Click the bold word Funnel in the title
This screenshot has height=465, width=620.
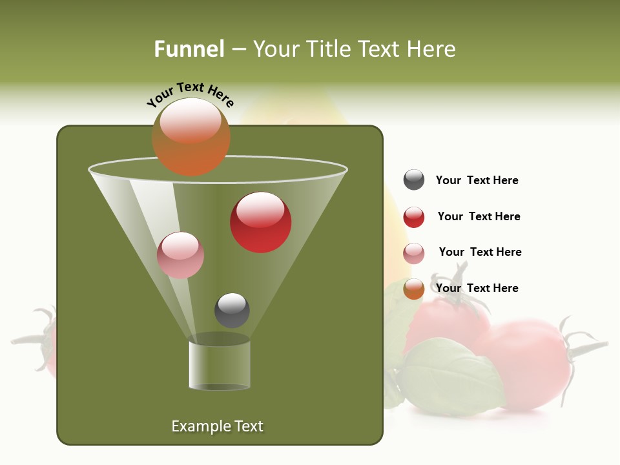(x=189, y=49)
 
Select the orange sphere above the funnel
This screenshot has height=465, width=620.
(x=191, y=137)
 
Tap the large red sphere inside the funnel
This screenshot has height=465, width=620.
(x=260, y=222)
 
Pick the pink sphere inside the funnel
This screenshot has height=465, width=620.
(x=180, y=255)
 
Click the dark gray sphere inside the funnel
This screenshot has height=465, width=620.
(x=232, y=310)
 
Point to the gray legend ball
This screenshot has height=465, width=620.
(x=414, y=180)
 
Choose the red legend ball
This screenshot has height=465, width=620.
(x=414, y=217)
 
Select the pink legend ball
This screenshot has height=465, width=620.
(x=414, y=253)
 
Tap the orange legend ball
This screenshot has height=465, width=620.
(x=414, y=289)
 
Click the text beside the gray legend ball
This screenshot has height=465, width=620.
(x=477, y=180)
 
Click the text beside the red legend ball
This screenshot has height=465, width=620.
(x=479, y=216)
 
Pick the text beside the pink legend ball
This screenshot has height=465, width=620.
(x=480, y=252)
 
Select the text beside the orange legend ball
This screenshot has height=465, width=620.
(x=477, y=288)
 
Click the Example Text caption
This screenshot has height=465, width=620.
(x=217, y=426)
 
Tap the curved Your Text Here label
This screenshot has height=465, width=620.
(x=190, y=95)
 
